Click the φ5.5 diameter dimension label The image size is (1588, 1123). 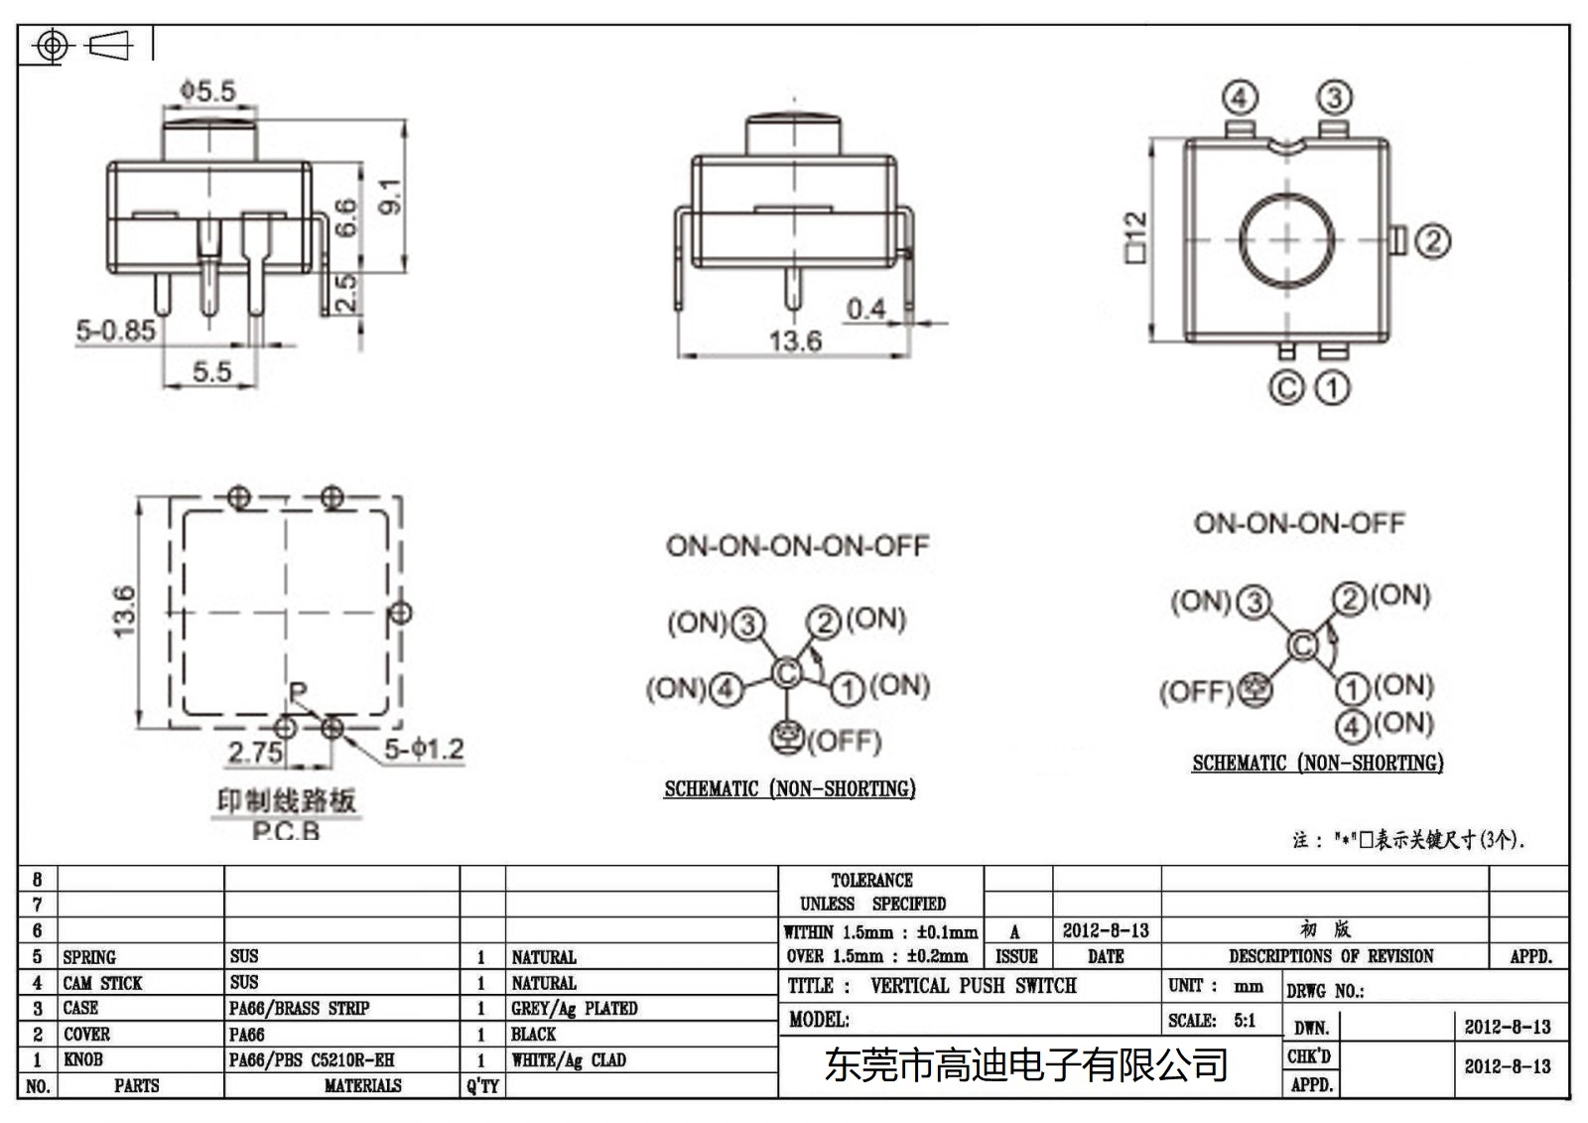tap(208, 91)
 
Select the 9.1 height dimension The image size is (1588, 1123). tap(391, 196)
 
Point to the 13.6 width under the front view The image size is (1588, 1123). tap(795, 342)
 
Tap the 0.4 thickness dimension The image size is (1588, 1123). tap(865, 309)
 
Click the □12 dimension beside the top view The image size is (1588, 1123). tap(1135, 238)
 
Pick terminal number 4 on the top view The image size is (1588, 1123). tap(1240, 98)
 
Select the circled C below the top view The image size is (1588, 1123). tap(1286, 387)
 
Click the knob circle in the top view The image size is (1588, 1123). tap(1286, 239)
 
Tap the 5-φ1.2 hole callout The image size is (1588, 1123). tap(424, 749)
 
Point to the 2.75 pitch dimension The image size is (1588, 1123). tap(255, 753)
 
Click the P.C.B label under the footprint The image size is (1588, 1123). tap(286, 832)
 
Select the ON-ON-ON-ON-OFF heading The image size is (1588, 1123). tap(797, 546)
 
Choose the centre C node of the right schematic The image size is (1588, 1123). tap(1302, 646)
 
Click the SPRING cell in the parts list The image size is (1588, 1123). tap(89, 957)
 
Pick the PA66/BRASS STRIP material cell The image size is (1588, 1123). tap(299, 1008)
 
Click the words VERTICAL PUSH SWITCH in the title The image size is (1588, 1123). tap(973, 986)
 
